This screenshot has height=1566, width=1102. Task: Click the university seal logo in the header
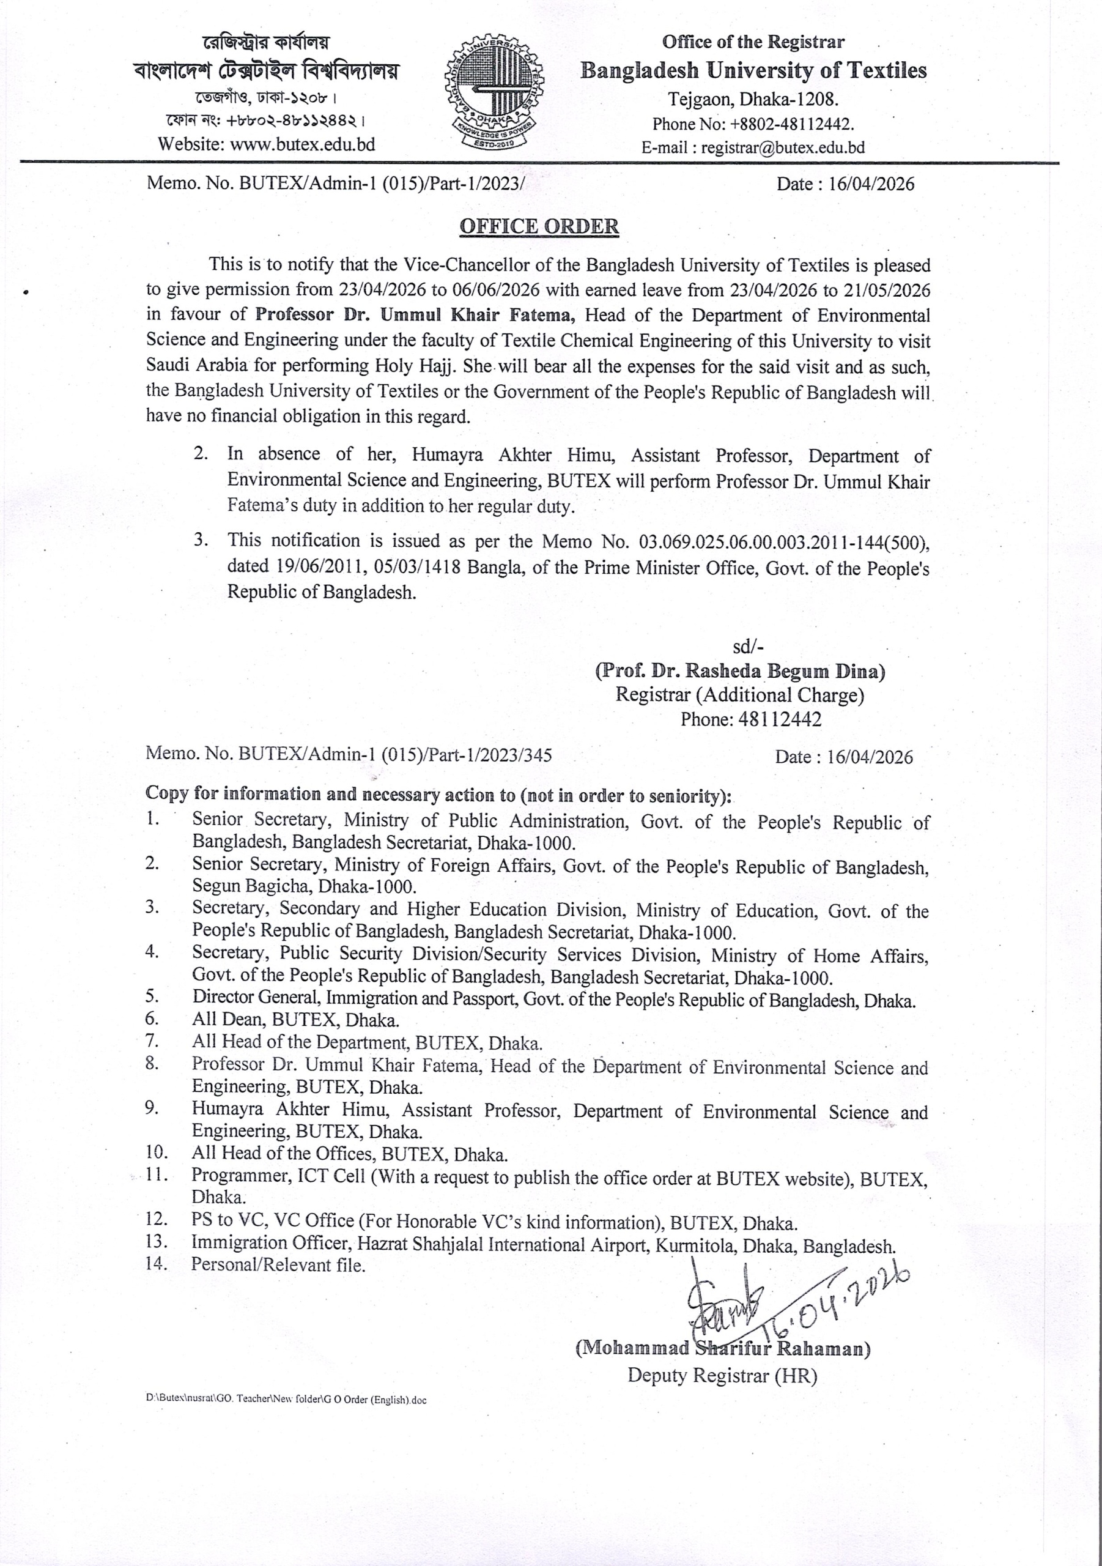click(494, 94)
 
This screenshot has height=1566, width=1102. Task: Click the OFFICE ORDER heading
click(539, 226)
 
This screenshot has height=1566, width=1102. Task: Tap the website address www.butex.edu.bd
click(302, 144)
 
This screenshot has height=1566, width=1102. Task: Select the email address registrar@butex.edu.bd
click(783, 147)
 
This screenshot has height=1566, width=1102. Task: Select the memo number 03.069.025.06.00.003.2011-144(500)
click(783, 542)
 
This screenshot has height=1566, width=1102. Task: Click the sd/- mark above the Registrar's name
click(748, 647)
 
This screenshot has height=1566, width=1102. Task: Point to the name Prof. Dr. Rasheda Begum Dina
click(740, 671)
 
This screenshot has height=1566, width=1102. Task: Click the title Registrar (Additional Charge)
click(740, 695)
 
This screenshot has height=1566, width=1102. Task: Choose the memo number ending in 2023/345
click(349, 754)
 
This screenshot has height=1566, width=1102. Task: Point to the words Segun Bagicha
click(253, 886)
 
